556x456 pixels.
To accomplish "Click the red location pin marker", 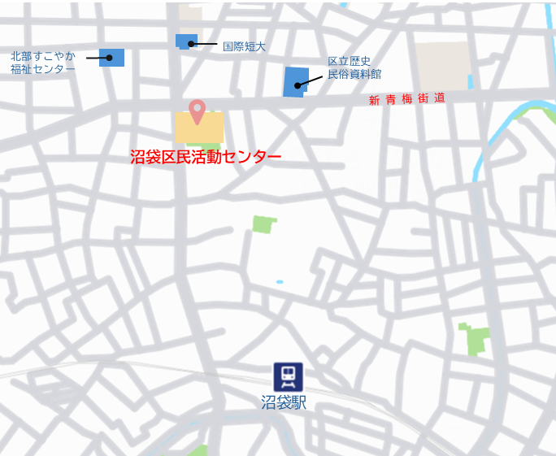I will point(197,110).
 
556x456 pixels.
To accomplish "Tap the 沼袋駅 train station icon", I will point(288,376).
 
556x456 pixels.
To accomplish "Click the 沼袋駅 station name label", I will point(284,402).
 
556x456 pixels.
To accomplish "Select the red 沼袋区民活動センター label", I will point(206,157).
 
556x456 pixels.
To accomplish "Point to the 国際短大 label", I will point(244,46).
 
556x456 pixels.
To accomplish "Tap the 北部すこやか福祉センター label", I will point(42,63).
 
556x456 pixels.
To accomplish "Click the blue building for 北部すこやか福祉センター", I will point(112,57).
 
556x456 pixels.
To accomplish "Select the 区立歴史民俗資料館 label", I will point(354,67).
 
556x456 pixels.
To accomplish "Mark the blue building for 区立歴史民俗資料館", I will point(295,82).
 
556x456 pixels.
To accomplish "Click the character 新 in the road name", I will point(374,101).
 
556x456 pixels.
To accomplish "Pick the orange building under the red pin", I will point(199,128).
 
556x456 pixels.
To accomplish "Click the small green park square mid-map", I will point(263,224).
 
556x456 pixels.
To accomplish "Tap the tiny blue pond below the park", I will point(280,282).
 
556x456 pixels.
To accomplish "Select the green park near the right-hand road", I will point(476,338).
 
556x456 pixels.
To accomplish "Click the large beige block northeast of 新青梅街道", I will point(443,65).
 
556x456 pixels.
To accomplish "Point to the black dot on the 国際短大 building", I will point(192,44).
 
